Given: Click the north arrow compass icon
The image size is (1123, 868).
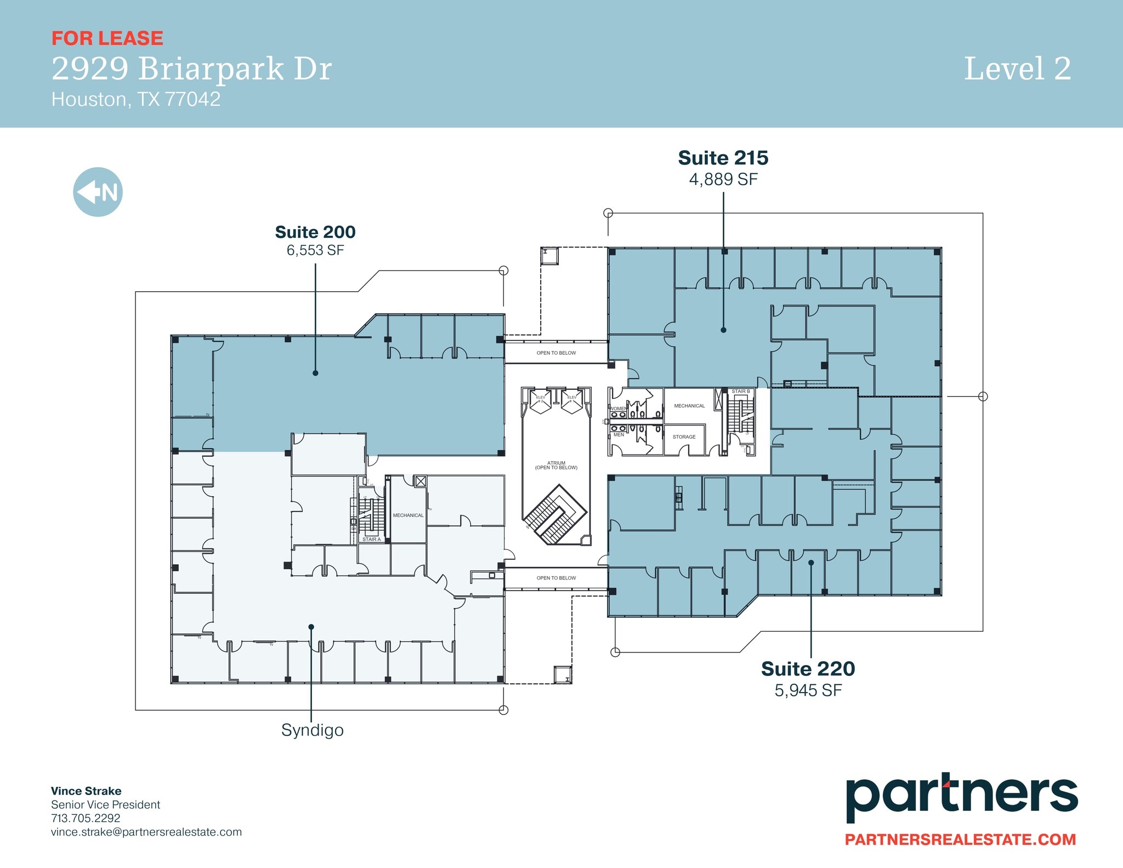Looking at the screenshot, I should (x=98, y=192).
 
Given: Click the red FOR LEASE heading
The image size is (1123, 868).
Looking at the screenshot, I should (x=107, y=38).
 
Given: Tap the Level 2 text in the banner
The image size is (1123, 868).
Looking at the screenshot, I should (x=1017, y=69).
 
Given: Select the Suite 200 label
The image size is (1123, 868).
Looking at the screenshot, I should (x=315, y=232).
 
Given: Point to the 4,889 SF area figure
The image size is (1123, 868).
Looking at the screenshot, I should (x=723, y=179).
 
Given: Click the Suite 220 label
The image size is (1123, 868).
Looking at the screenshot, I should (x=808, y=669).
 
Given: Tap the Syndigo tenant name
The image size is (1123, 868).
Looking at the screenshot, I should (x=312, y=730).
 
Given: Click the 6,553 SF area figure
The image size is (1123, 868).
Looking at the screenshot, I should (x=315, y=251).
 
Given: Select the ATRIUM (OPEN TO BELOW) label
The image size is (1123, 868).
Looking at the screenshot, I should (x=556, y=465).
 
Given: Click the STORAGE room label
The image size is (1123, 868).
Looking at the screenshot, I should (x=684, y=437).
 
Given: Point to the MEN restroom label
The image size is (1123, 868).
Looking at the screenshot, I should (x=619, y=435).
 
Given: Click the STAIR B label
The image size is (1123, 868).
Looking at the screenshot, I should (x=740, y=392).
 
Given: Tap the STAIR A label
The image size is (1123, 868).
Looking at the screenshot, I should (x=371, y=540).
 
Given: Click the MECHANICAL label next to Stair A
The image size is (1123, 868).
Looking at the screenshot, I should (x=408, y=515).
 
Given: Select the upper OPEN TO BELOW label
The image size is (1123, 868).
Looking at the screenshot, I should (x=556, y=353).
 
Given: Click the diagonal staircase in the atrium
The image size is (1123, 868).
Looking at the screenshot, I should (x=555, y=514).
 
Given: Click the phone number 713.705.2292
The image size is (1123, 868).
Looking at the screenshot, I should (x=86, y=818).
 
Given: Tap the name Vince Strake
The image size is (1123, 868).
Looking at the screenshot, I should (x=86, y=791).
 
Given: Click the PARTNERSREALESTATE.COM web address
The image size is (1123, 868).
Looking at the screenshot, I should (x=960, y=839).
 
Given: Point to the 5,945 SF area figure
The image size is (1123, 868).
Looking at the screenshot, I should (x=808, y=690).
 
